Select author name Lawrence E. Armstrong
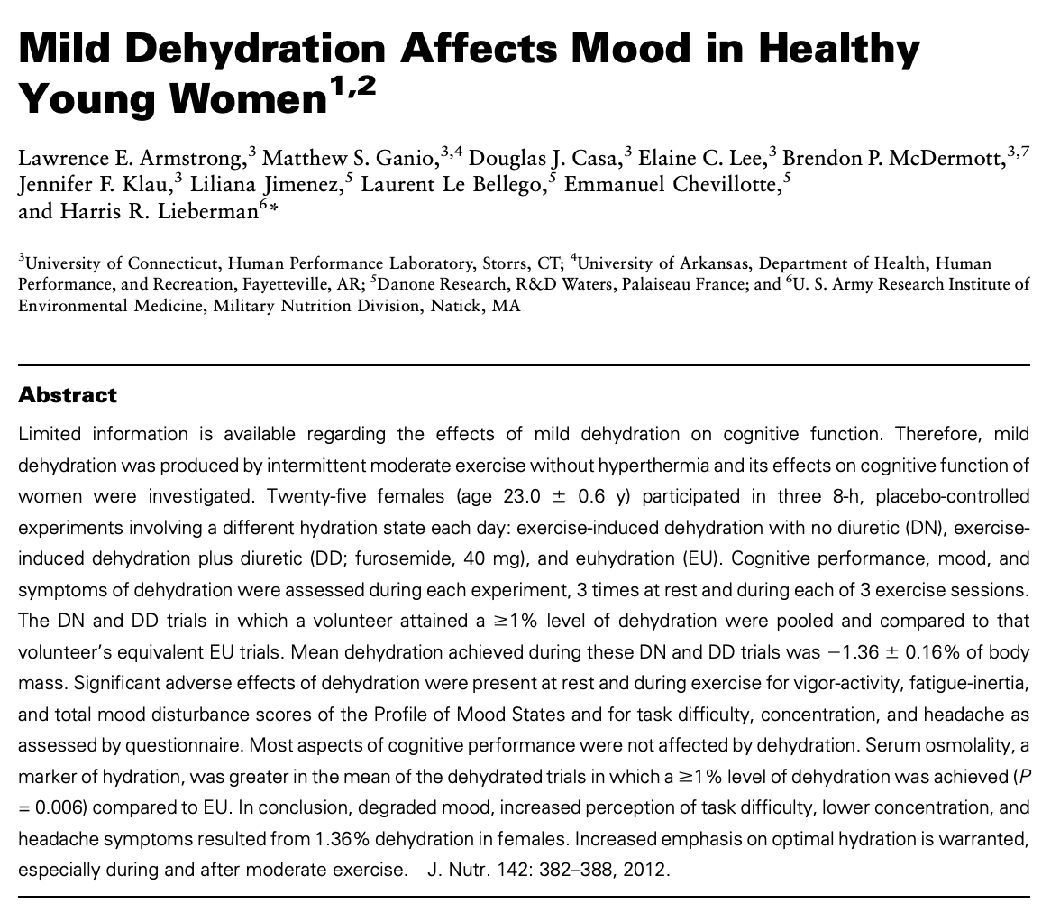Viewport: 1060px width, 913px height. pyautogui.click(x=130, y=160)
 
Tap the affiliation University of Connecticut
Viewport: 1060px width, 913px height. pyautogui.click(x=121, y=264)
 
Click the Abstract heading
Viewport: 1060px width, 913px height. pyautogui.click(x=69, y=395)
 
